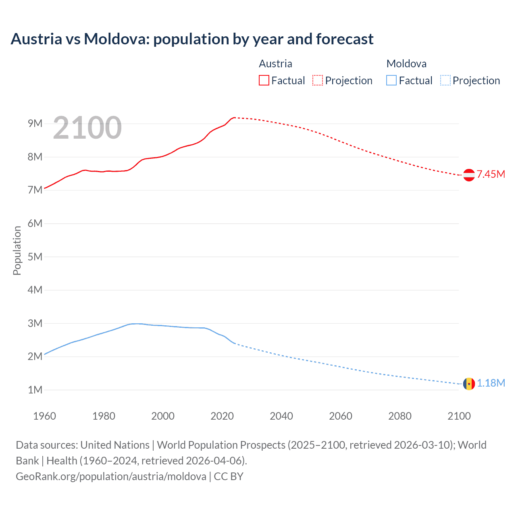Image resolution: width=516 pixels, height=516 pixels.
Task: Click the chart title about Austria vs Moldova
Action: point(192,39)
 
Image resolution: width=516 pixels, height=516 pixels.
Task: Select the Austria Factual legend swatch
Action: point(264,80)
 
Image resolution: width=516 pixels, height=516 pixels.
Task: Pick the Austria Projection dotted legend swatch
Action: point(318,80)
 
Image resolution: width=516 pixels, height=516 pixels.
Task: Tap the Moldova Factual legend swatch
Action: point(391,80)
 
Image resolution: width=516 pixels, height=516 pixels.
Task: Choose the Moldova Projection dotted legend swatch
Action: point(445,80)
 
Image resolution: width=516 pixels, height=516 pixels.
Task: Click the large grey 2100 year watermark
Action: point(87,128)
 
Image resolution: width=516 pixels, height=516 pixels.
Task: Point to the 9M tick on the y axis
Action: point(35,123)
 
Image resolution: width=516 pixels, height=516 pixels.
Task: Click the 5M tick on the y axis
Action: point(35,257)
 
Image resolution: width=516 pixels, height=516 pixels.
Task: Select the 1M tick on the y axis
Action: point(35,390)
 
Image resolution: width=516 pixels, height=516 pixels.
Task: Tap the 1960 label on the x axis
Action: point(44,416)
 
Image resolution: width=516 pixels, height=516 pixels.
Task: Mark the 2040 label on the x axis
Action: point(281,416)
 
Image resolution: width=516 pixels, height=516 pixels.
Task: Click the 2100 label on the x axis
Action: point(459,416)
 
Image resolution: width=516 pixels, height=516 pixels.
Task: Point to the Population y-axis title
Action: point(17,250)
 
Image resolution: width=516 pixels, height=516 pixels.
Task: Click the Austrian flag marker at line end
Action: point(469,175)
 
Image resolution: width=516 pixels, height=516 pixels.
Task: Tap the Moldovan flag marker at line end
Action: point(469,383)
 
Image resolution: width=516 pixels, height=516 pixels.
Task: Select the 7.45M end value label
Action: point(491,174)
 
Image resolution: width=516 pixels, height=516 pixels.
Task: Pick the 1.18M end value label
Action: point(491,383)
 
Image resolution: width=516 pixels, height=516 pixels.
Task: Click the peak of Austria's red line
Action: point(234,117)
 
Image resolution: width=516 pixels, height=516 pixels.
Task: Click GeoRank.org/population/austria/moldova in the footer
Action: point(111,476)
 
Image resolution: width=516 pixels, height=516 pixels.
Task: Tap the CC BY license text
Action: point(229,476)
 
